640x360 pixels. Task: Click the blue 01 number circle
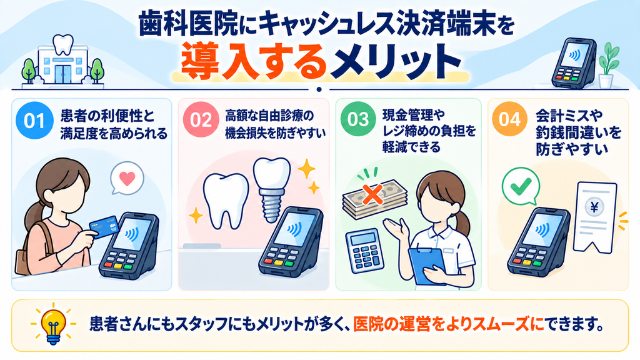pos(34,121)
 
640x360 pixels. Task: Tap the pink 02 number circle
pos(201,119)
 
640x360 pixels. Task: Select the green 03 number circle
pos(358,119)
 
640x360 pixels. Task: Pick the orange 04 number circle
pos(509,119)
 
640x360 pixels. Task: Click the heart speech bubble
pos(127,179)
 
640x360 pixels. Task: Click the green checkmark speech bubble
pos(521,186)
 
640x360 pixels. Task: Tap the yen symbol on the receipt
pos(594,207)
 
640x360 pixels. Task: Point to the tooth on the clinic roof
pos(64,44)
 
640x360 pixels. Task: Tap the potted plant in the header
pos(608,65)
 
